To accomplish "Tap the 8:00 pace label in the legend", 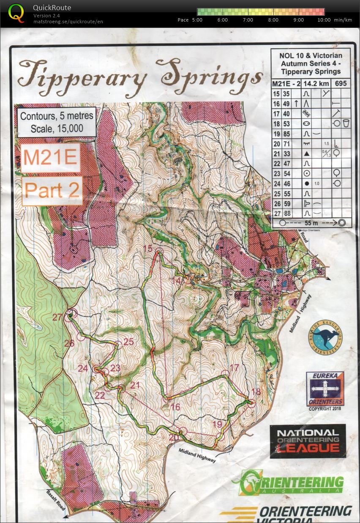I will click(x=273, y=20).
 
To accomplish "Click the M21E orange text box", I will click(x=50, y=158).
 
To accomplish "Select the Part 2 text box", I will click(x=52, y=190).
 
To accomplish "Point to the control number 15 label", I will click(x=148, y=249).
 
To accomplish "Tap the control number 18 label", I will click(x=256, y=392).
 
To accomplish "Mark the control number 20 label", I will click(x=174, y=438).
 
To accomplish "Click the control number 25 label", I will click(x=128, y=342).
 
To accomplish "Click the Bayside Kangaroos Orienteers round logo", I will click(x=325, y=337).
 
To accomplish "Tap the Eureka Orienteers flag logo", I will click(x=325, y=389).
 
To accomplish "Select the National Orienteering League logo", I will click(x=308, y=441).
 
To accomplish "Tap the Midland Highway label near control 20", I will click(x=197, y=455).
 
